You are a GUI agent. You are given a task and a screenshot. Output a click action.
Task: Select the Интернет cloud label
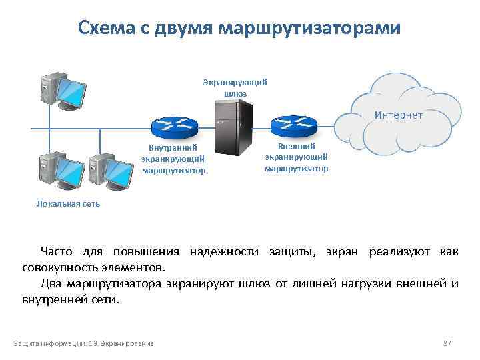pos(399,115)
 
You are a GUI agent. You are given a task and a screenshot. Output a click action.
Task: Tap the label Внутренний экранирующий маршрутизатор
pos(173,159)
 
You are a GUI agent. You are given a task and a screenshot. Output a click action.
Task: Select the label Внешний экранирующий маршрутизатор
pos(296,157)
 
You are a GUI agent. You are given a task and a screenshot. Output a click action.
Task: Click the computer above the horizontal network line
pos(63,90)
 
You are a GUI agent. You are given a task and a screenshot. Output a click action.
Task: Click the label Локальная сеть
pos(68,204)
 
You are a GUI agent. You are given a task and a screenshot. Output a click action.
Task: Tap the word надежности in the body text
pos(226,251)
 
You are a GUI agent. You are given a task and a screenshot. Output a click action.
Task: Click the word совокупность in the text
pos(61,267)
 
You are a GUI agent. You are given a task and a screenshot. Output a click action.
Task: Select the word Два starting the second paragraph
pos(51,284)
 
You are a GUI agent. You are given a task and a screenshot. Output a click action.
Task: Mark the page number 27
pos(447,343)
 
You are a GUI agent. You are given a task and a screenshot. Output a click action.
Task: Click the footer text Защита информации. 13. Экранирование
pos(84,343)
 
